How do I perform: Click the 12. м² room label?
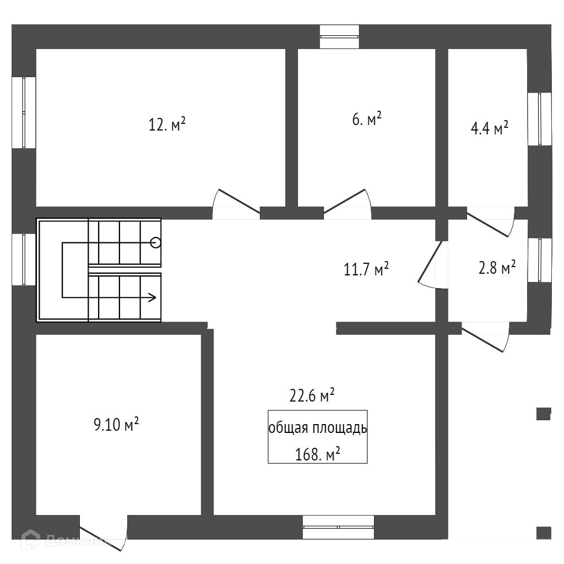(167, 125)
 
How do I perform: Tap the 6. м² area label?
(367, 119)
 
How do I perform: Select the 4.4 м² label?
(489, 129)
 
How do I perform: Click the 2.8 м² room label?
(497, 268)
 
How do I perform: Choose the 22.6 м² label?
(312, 395)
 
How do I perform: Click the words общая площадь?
(317, 429)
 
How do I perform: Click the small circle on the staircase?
(156, 242)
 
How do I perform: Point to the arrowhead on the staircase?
(153, 297)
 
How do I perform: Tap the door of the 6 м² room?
(347, 202)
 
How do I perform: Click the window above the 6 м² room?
(340, 36)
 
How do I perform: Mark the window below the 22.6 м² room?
(338, 527)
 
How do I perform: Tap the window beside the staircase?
(24, 259)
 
